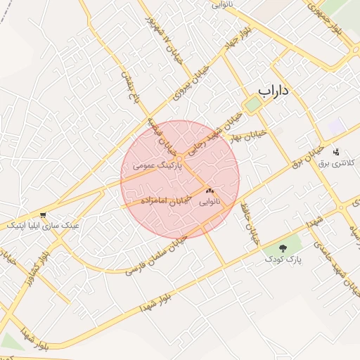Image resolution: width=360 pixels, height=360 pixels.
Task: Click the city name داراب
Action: [274, 91]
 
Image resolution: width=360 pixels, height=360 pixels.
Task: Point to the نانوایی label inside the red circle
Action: [209, 202]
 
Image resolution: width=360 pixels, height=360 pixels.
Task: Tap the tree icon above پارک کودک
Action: [283, 248]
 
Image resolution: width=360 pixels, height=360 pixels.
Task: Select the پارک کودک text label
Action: [283, 259]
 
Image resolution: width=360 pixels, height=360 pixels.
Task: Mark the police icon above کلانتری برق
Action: [336, 151]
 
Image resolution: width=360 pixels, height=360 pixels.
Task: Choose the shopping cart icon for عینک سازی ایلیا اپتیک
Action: [44, 214]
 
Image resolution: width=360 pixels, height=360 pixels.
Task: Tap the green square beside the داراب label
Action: [252, 105]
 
